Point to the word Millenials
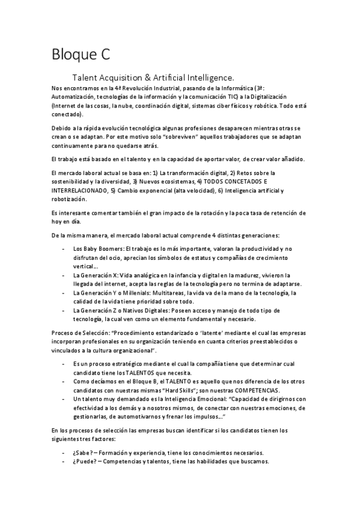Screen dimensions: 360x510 coord(133,292)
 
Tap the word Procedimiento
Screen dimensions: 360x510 coord(136,333)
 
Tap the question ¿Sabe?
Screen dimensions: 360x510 coord(84,452)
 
